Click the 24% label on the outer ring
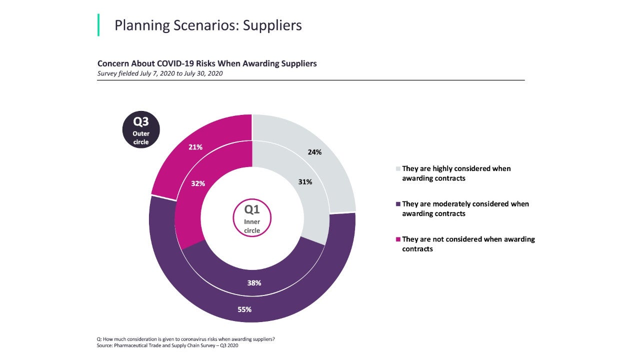click(x=314, y=152)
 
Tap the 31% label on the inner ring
click(x=305, y=182)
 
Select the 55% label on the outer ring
click(x=244, y=309)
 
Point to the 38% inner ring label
click(x=254, y=282)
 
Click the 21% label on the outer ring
click(x=195, y=147)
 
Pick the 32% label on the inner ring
click(x=198, y=183)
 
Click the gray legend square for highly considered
click(x=398, y=169)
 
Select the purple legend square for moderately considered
click(x=398, y=204)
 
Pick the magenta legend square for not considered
click(x=398, y=239)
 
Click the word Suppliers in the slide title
click(x=272, y=25)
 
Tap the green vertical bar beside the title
click(x=98, y=25)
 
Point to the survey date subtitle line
click(x=160, y=73)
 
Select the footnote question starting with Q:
click(x=185, y=339)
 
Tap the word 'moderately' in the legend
click(x=448, y=204)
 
